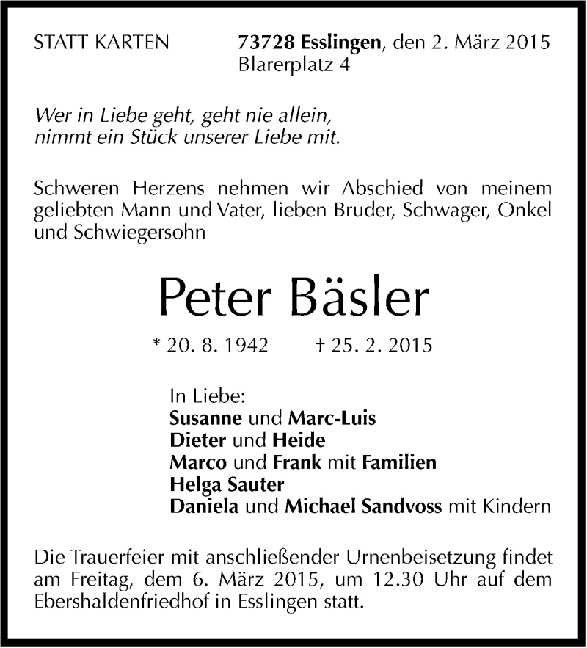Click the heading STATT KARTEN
(101, 43)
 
